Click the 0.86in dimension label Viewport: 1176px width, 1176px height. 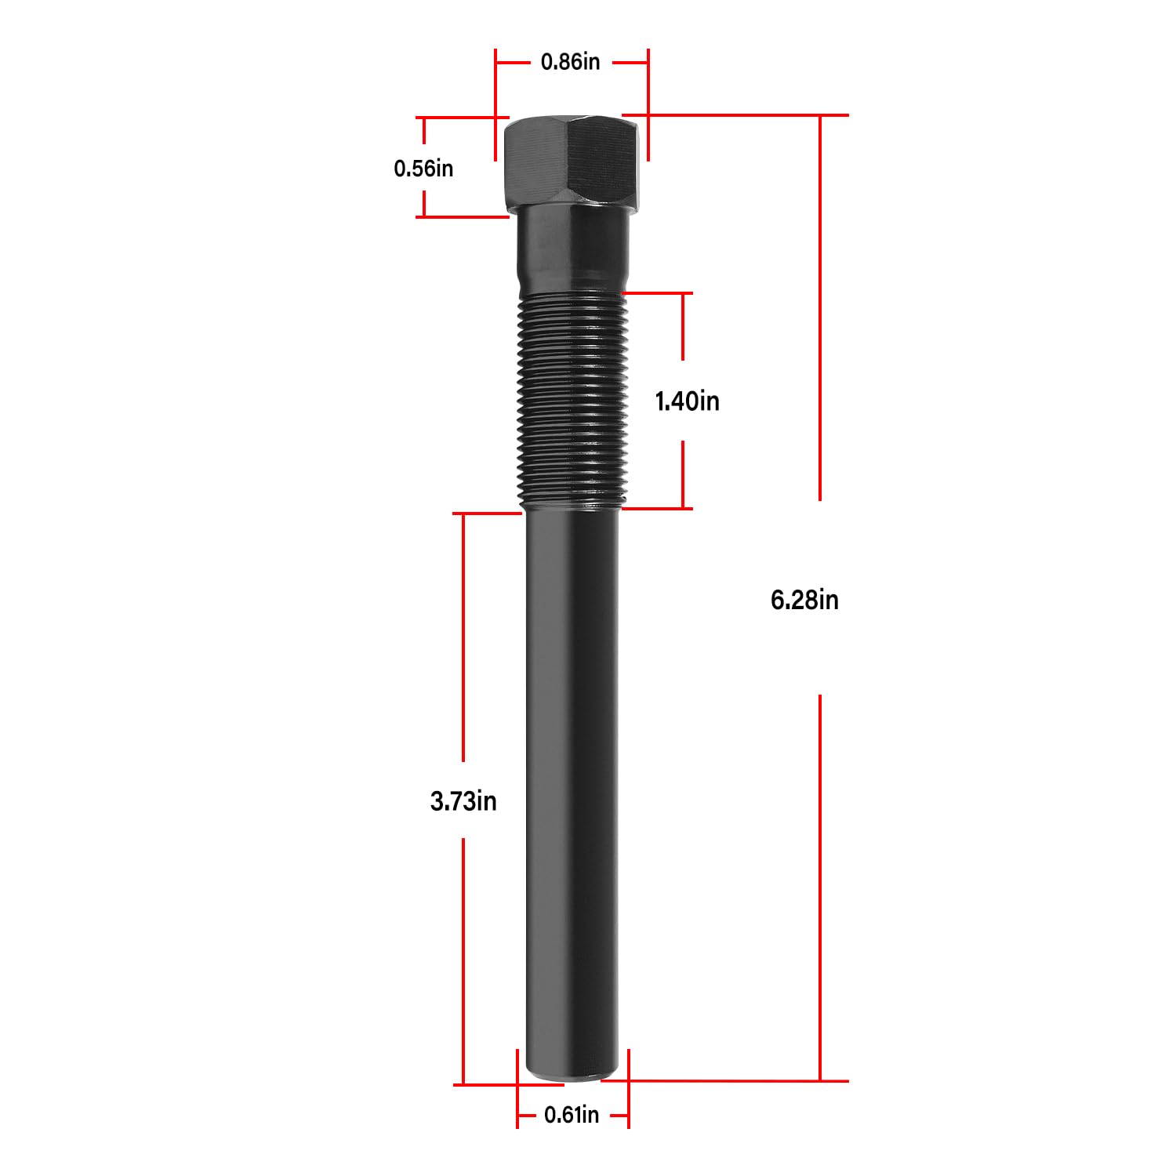[570, 62]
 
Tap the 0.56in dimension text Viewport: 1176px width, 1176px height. [423, 168]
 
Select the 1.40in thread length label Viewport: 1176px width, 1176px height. [687, 401]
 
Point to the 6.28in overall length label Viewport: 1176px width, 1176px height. [804, 600]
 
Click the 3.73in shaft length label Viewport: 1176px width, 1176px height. [463, 801]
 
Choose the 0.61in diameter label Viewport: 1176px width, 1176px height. [572, 1114]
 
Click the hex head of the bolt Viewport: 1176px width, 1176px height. [572, 161]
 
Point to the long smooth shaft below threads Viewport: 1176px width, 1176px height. [572, 784]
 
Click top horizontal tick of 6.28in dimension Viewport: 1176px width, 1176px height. [745, 115]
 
